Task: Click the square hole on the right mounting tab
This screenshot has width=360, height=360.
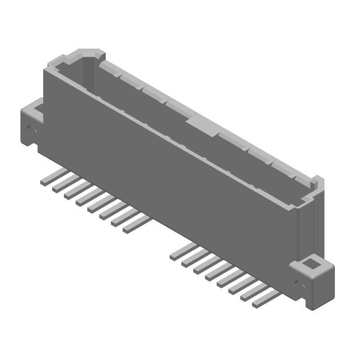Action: (x=310, y=264)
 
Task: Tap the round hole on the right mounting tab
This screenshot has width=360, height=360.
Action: (x=297, y=283)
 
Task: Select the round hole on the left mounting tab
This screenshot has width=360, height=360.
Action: (x=31, y=130)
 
